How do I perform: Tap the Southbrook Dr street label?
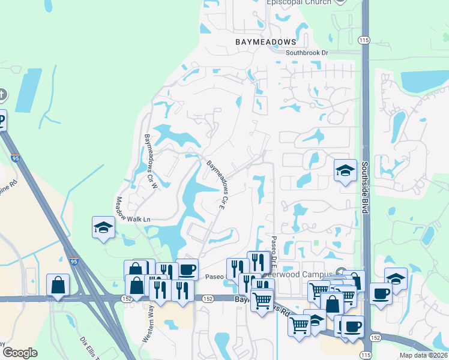tap(307, 53)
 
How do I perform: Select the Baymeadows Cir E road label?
tap(218, 181)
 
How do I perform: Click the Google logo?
tap(20, 352)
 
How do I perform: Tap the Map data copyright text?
tap(423, 355)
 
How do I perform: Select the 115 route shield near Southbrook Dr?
tap(364, 39)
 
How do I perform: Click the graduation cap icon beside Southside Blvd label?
tap(345, 171)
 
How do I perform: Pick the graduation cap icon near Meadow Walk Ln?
tap(103, 227)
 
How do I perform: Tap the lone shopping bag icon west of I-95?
tap(59, 284)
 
